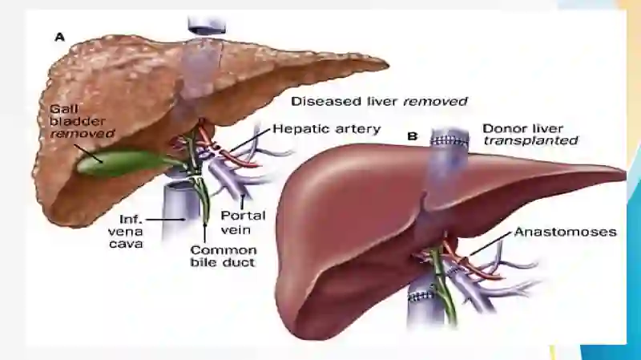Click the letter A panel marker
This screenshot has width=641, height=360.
[59, 37]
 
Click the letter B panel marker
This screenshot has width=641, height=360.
[413, 136]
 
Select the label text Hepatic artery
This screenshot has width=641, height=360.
[327, 129]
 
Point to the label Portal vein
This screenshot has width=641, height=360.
[243, 222]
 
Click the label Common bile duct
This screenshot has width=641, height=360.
[224, 256]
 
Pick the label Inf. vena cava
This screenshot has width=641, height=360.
[127, 232]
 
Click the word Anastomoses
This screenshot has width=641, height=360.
[565, 232]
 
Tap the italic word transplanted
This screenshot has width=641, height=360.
[530, 141]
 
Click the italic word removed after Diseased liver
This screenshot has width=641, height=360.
[435, 101]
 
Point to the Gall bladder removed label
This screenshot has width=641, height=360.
[82, 121]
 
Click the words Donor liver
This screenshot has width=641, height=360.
[523, 128]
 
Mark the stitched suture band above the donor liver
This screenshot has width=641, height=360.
[450, 142]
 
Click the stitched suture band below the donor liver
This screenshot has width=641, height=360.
[421, 296]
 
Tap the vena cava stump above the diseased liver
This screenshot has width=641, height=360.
[207, 25]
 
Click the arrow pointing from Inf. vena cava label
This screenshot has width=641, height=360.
[166, 220]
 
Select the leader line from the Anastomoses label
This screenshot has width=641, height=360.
[490, 244]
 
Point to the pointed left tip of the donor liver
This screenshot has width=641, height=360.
[624, 172]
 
